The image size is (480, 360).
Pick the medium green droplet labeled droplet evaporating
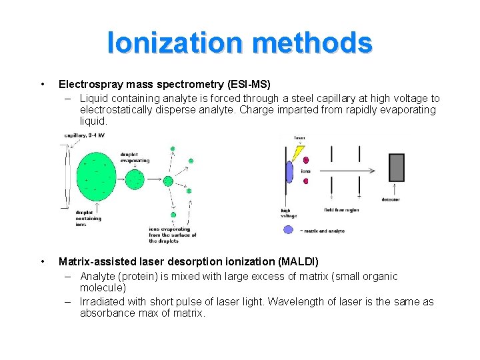(135, 179)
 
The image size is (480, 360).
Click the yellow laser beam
(295, 154)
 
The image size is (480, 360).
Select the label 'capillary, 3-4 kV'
(85, 135)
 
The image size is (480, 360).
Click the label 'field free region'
(341, 209)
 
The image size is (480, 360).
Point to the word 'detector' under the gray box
(391, 199)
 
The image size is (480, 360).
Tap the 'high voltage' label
(289, 213)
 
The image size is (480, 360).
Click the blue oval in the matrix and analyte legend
(288, 229)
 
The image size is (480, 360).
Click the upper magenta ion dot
(306, 160)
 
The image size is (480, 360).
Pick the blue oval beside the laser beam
(289, 172)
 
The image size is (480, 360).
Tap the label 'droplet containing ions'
(88, 218)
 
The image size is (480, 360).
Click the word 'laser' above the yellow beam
(300, 138)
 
